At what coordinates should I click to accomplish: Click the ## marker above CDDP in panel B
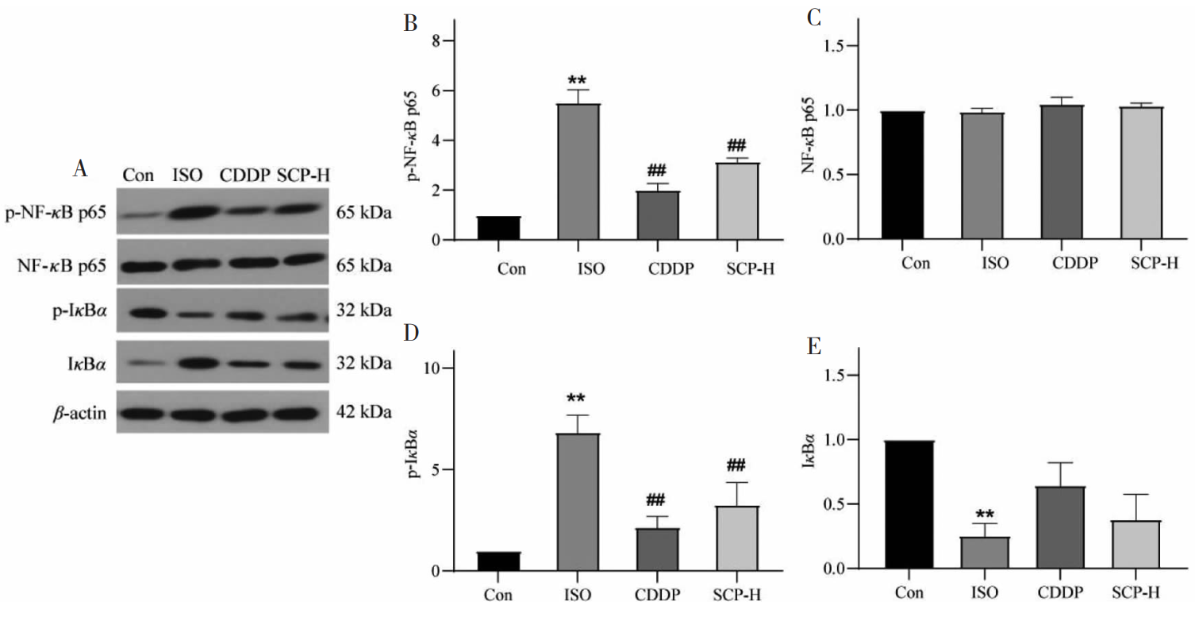pyautogui.click(x=655, y=170)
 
